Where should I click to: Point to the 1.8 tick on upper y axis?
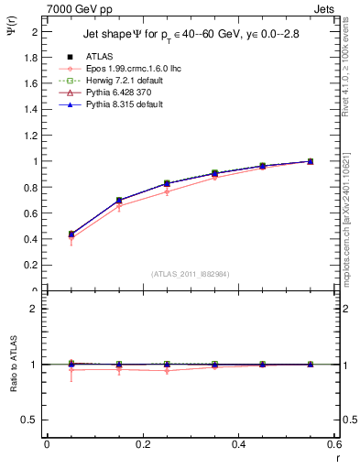34,57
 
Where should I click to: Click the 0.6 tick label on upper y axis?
34,213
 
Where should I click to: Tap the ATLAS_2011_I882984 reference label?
190,273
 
